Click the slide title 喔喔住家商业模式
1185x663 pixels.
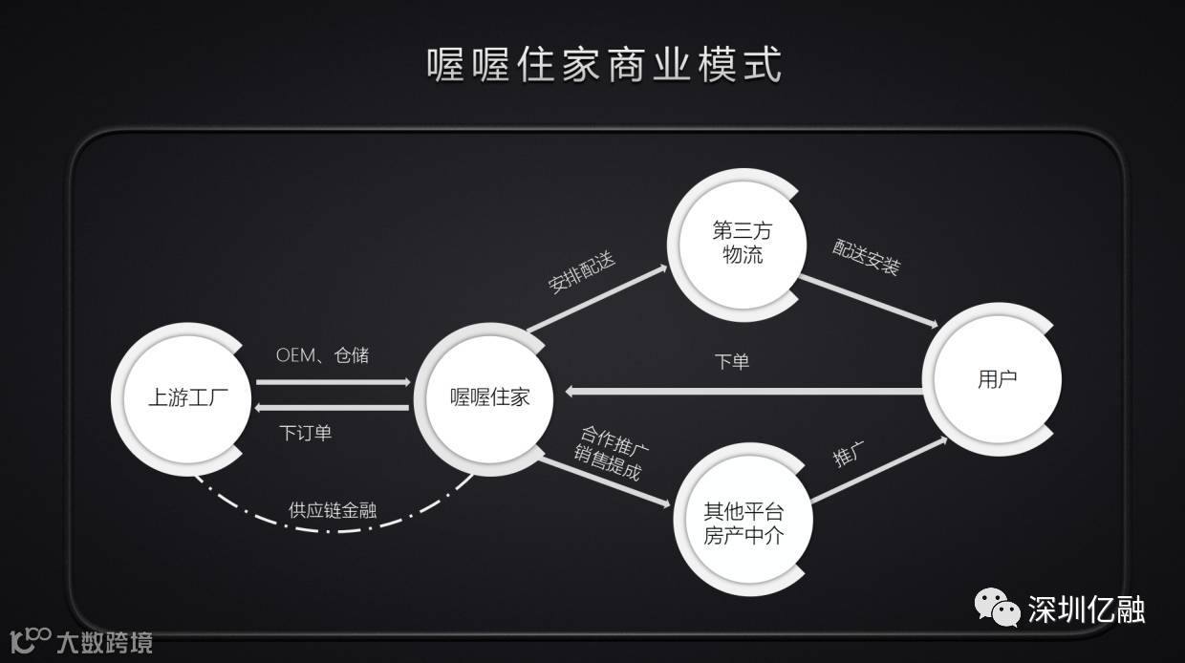pyautogui.click(x=604, y=64)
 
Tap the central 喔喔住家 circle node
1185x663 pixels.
pyautogui.click(x=489, y=396)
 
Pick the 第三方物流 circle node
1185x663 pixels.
pyautogui.click(x=742, y=244)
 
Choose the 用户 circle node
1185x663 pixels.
pyautogui.click(x=997, y=379)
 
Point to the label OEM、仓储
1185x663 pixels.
pyautogui.click(x=322, y=355)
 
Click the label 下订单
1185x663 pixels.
pyautogui.click(x=306, y=433)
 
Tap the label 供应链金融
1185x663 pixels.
pyautogui.click(x=333, y=510)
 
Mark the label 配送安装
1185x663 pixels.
pyautogui.click(x=866, y=257)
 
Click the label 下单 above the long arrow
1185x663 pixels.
pyautogui.click(x=732, y=362)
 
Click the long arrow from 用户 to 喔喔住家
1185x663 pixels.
pyautogui.click(x=745, y=391)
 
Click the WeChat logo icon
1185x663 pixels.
pyautogui.click(x=996, y=608)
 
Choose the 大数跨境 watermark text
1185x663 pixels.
pyautogui.click(x=104, y=642)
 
